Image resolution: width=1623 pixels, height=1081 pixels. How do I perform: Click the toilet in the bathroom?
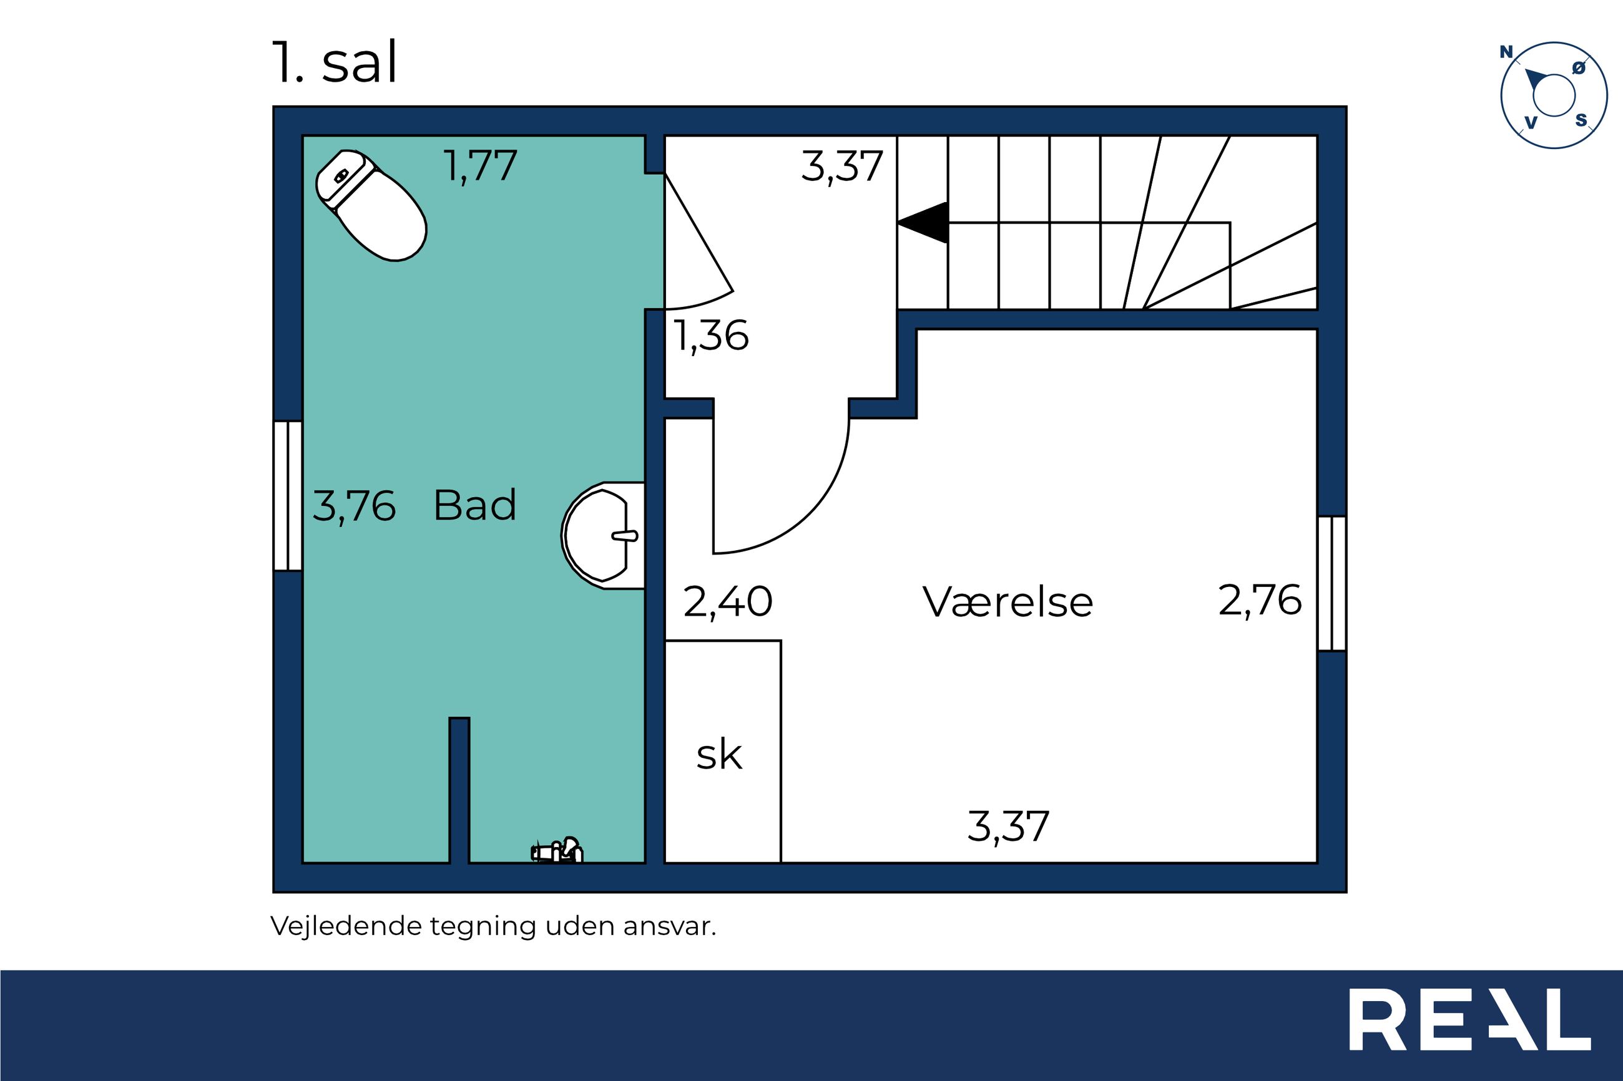[x=371, y=205]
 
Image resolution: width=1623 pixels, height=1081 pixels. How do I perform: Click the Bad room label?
[x=474, y=505]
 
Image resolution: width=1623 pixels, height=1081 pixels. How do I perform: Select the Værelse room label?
[x=1007, y=602]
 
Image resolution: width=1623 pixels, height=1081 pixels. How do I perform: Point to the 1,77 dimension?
[x=481, y=166]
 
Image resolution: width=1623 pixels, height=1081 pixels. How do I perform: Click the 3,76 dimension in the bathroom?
[x=355, y=506]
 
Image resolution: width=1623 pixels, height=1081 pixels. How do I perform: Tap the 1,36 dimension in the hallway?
[x=711, y=336]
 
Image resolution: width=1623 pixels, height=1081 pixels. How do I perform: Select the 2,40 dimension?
[x=728, y=601]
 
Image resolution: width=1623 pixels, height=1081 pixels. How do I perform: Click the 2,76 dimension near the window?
[x=1260, y=601]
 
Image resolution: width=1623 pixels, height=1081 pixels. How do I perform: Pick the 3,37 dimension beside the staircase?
[x=842, y=166]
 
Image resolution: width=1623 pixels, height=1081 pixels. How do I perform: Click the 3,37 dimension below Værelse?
[x=1008, y=826]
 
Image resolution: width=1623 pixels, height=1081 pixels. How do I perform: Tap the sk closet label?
[x=718, y=755]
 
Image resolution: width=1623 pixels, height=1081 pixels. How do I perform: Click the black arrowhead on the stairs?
[x=923, y=223]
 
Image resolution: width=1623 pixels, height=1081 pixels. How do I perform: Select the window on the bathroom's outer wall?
[x=288, y=497]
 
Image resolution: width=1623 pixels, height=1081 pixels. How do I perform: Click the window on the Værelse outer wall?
[x=1332, y=583]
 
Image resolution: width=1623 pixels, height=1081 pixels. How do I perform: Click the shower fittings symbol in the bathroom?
[x=557, y=850]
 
